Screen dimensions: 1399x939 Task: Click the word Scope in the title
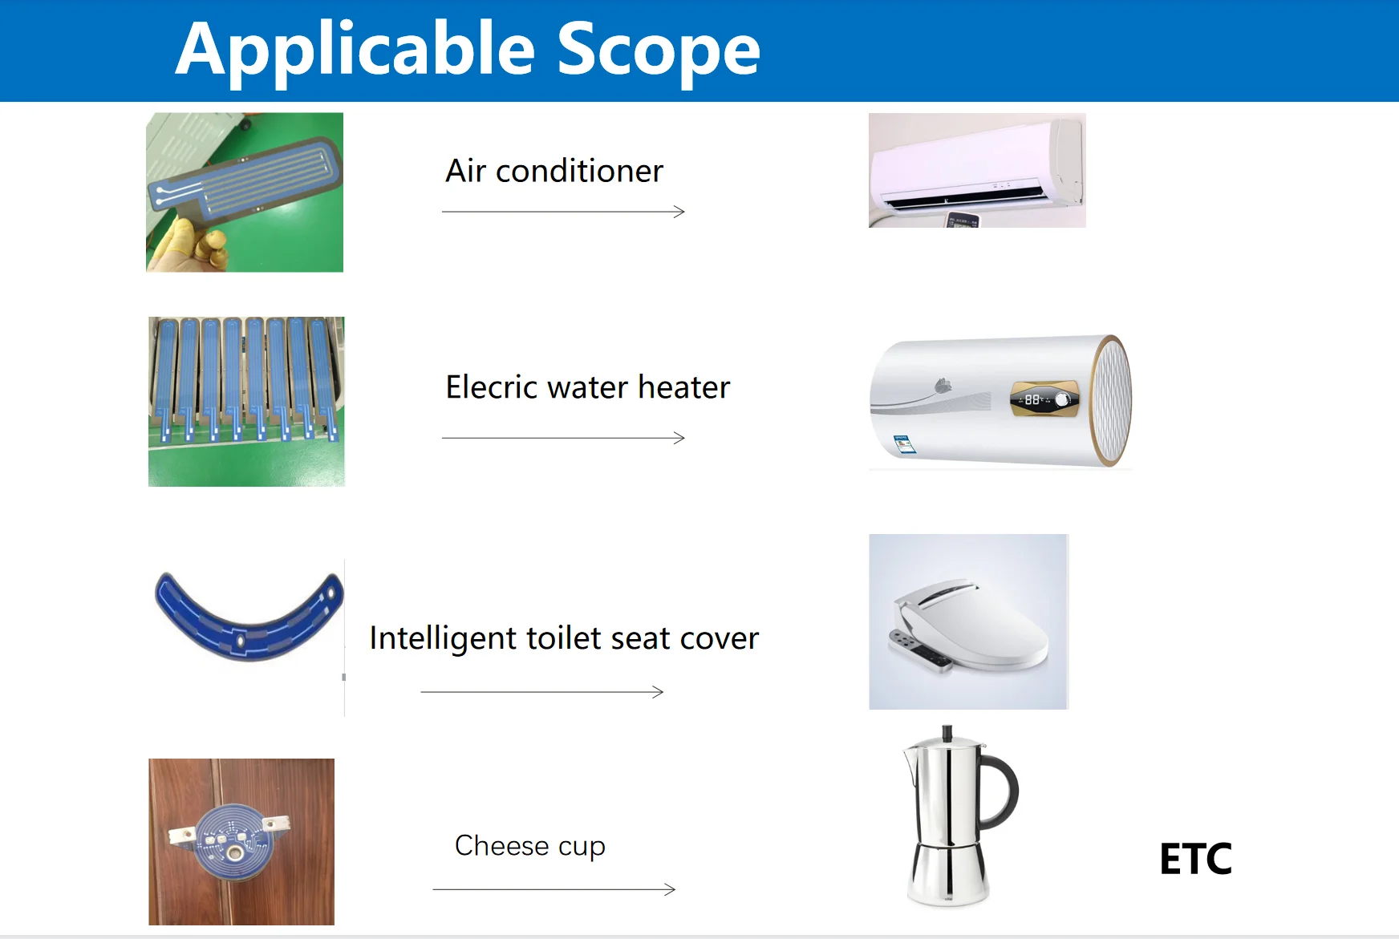coord(658,49)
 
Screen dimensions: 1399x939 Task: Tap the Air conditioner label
coord(554,171)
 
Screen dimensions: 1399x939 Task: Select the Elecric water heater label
coord(588,387)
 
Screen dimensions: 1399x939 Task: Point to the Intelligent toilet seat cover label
coord(564,639)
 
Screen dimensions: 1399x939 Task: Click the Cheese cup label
coord(530,846)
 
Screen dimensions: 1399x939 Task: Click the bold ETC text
coord(1195,859)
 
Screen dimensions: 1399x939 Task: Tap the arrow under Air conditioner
coord(563,212)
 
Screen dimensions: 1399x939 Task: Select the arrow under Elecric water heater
coord(563,438)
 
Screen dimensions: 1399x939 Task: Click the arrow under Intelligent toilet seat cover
coord(542,692)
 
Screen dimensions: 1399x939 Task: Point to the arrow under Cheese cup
coord(554,889)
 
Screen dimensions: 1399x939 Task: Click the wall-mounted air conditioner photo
coord(977,170)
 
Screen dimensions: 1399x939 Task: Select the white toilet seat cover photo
coord(968,621)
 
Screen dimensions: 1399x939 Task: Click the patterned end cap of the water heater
coord(1113,400)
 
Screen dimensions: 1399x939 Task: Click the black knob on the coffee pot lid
coord(947,732)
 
